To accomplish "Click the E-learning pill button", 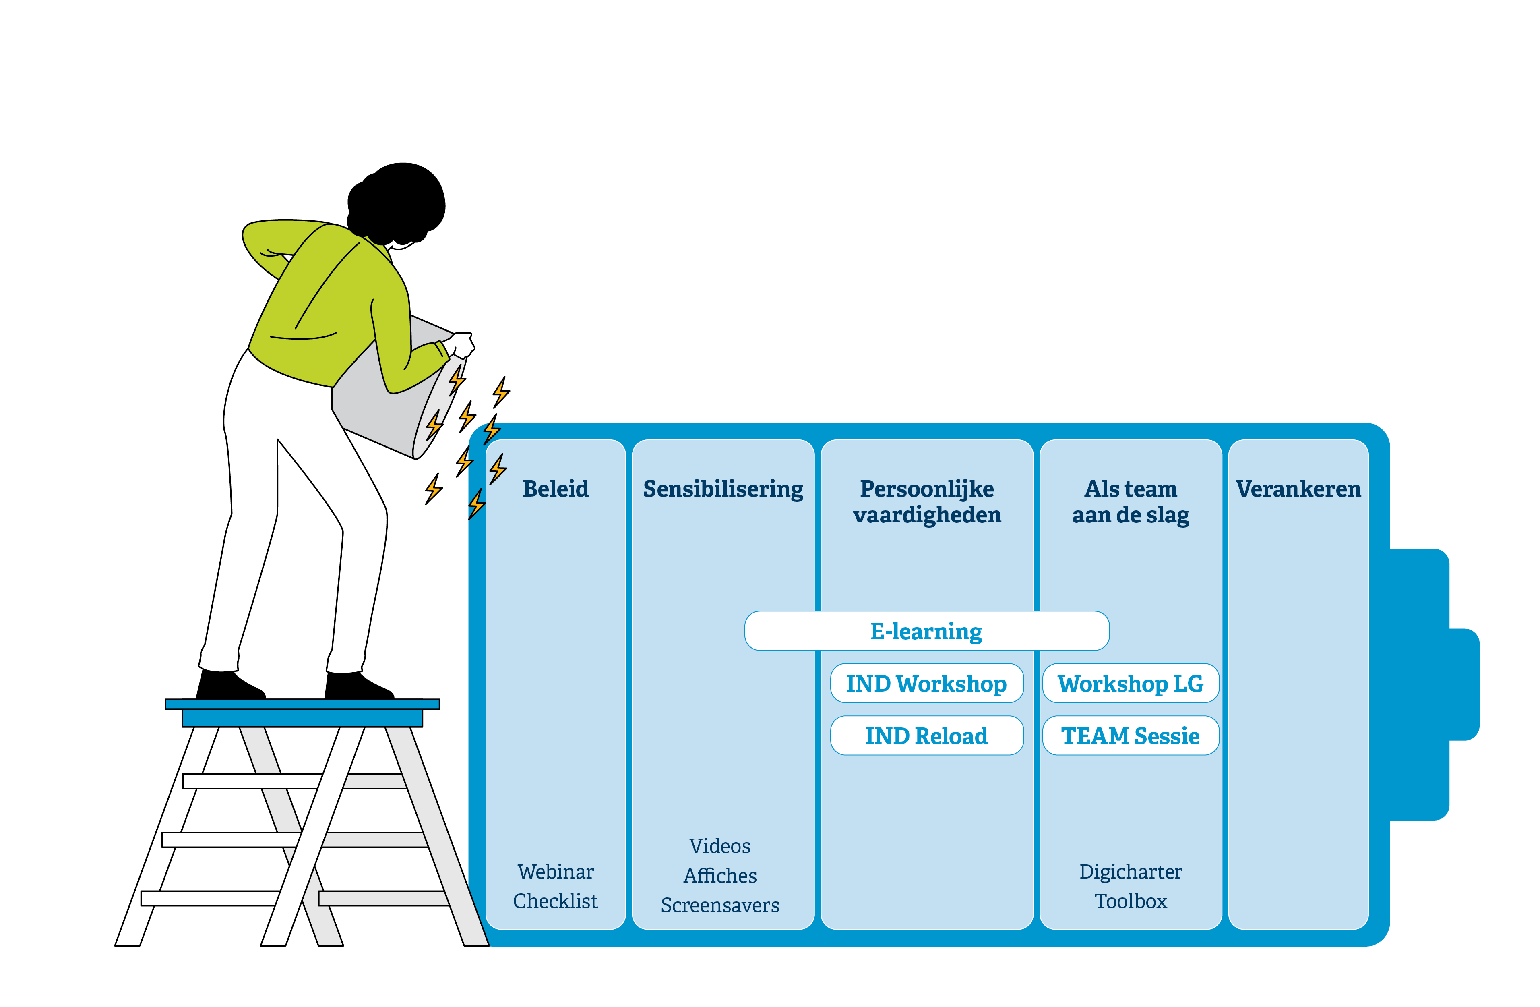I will pyautogui.click(x=926, y=631).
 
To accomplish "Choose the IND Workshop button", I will pyautogui.click(x=926, y=684).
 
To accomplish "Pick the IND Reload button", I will pyautogui.click(x=926, y=736).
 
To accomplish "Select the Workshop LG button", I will pyautogui.click(x=1131, y=684).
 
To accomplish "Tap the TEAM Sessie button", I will pyautogui.click(x=1131, y=736).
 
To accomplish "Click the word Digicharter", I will pyautogui.click(x=1131, y=872).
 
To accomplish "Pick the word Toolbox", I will pyautogui.click(x=1131, y=901).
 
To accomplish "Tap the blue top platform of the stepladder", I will pyautogui.click(x=302, y=704).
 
